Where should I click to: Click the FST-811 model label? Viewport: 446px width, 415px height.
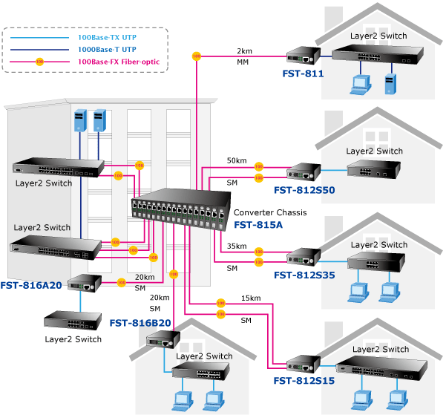click(303, 73)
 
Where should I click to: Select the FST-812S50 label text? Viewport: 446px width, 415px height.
click(304, 190)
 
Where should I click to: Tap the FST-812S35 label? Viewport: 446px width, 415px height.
click(304, 275)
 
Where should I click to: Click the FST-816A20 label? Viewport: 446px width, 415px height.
click(32, 284)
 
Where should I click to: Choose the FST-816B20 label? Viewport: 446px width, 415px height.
click(140, 323)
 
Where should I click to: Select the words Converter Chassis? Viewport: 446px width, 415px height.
click(270, 212)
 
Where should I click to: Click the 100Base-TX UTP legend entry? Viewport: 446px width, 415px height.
click(106, 36)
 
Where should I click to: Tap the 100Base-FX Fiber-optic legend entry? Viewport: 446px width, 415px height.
click(118, 61)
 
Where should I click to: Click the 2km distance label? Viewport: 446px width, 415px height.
click(244, 51)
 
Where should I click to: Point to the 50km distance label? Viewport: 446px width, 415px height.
click(237, 160)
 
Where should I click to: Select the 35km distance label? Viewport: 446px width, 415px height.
click(237, 246)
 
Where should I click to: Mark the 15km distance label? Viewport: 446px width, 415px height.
click(251, 298)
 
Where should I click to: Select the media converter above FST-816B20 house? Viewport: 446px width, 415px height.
click(163, 341)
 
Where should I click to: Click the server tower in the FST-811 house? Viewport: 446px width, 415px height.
click(387, 83)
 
